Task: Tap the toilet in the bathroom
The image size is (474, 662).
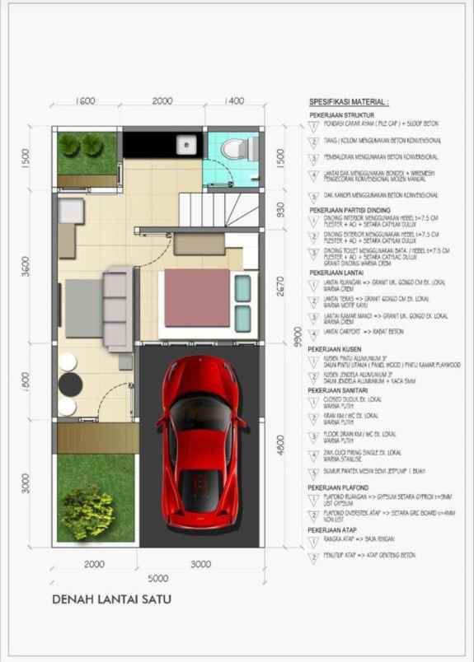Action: (x=234, y=148)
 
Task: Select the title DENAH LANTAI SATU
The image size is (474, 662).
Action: (x=112, y=599)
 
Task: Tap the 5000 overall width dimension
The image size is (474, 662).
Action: (x=157, y=578)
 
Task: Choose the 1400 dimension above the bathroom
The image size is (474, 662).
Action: (x=234, y=101)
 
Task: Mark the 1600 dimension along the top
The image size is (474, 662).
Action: (x=86, y=101)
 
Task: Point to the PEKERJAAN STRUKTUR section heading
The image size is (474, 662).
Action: (x=342, y=114)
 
